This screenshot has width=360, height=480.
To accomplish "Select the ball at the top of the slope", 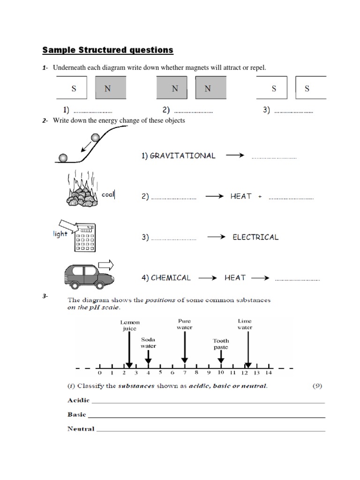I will (95, 137).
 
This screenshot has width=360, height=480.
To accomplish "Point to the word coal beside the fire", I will (108, 194).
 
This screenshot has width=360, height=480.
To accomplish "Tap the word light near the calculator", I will (60, 233).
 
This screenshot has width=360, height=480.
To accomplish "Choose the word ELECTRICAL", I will (255, 237).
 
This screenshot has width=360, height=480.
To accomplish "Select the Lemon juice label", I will (130, 325).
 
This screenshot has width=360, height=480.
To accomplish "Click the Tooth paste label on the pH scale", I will (221, 344).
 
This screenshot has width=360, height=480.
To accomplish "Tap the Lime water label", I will (245, 324).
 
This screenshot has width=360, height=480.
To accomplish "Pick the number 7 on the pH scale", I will (185, 373).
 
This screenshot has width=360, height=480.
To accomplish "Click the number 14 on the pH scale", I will (268, 373).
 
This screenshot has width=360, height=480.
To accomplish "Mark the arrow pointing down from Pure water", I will (185, 347).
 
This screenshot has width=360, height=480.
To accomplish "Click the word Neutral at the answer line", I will (81, 428).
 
